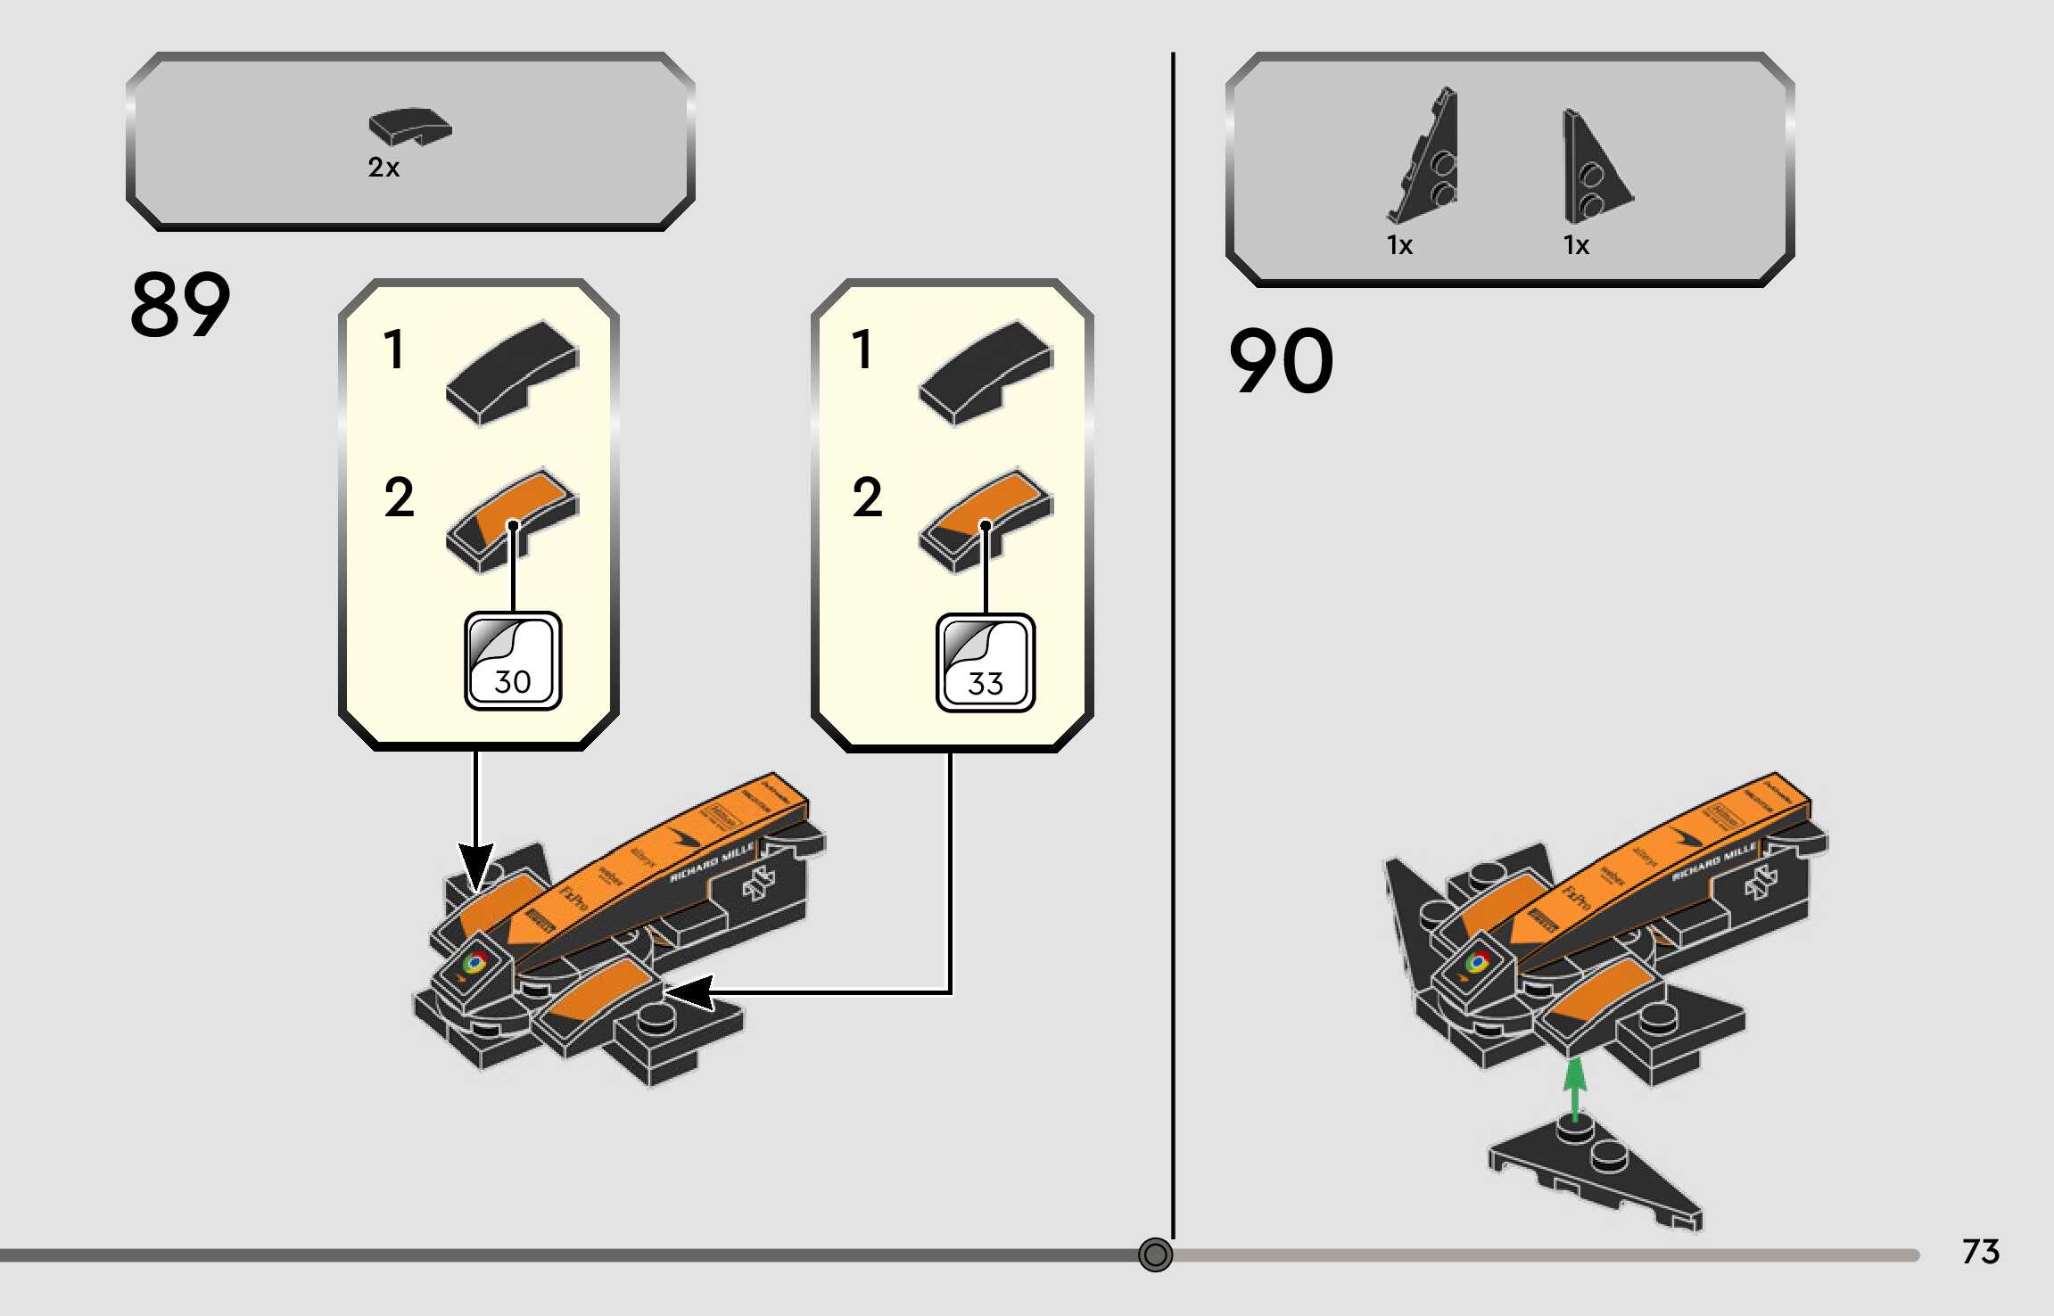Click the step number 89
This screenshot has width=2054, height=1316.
click(x=180, y=305)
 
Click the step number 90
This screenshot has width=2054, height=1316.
click(x=1281, y=361)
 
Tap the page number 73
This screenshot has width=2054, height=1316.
click(x=1980, y=1252)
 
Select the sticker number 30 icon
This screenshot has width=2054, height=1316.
click(x=513, y=661)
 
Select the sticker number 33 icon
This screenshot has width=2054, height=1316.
click(x=986, y=662)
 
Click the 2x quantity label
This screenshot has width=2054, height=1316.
click(x=384, y=168)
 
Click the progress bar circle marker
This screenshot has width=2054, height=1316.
click(x=1155, y=1255)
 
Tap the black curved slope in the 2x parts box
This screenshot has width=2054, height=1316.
click(x=410, y=127)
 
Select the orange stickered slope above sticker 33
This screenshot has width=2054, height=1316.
click(x=985, y=518)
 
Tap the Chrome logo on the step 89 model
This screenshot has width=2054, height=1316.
click(x=474, y=963)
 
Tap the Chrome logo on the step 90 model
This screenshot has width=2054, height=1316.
click(x=1477, y=962)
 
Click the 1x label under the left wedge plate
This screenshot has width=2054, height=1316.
click(x=1399, y=245)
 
